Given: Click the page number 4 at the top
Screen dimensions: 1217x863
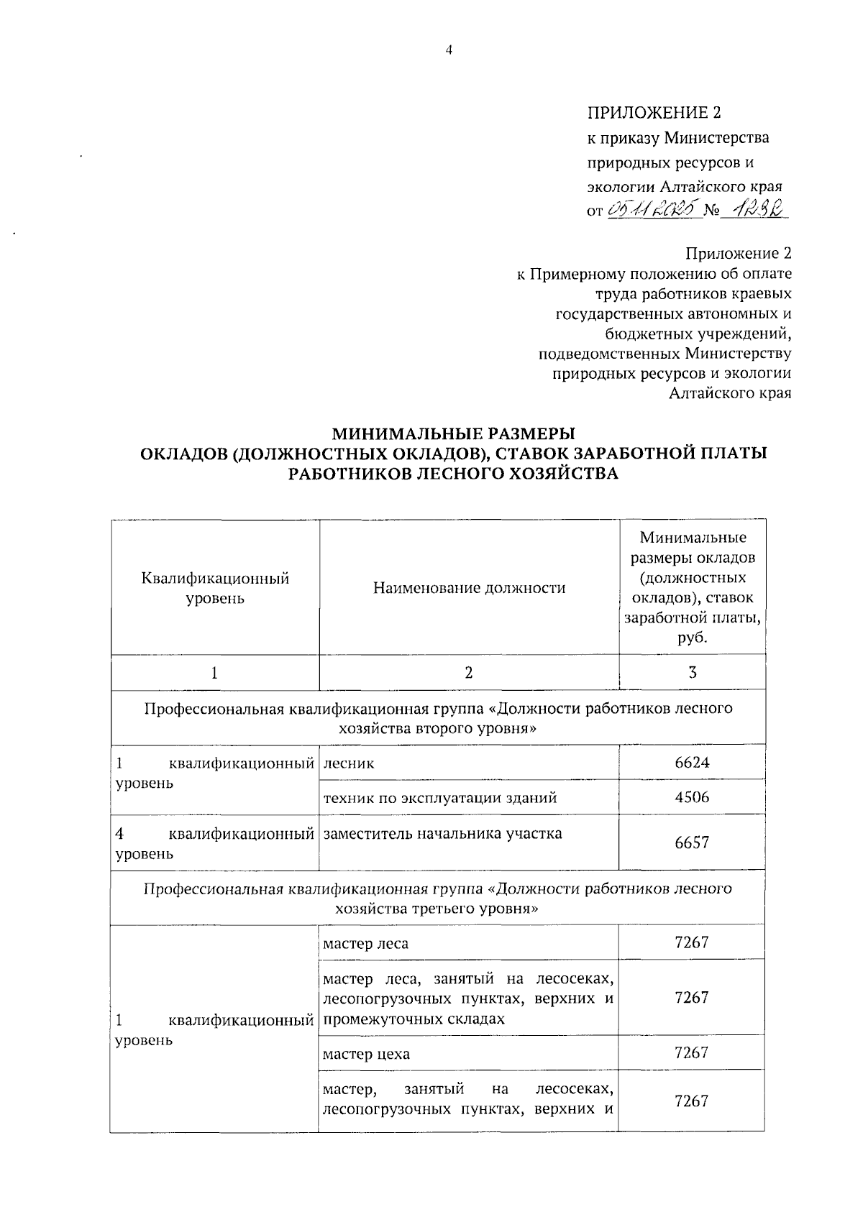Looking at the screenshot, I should click(449, 50).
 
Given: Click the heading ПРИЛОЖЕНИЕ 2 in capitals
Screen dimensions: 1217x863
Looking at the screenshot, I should click(654, 113).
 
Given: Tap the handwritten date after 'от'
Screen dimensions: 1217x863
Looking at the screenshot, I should click(653, 211).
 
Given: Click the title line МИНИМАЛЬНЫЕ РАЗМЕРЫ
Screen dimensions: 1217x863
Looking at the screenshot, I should click(453, 433).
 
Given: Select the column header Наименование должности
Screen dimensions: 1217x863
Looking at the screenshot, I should click(469, 588).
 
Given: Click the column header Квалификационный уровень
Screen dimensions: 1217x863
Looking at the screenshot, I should click(215, 588).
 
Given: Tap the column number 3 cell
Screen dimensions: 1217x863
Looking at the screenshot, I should click(691, 673).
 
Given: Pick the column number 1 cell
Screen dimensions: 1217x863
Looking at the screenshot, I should click(214, 673).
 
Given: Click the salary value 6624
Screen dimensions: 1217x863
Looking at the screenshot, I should click(691, 763).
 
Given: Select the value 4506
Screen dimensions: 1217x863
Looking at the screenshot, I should click(691, 797).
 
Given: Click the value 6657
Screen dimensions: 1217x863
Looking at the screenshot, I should click(691, 842).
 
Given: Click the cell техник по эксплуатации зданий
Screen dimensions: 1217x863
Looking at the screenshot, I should click(440, 797).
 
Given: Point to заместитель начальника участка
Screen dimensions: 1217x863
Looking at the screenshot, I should click(442, 834).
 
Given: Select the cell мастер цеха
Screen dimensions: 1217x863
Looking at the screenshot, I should click(366, 1054).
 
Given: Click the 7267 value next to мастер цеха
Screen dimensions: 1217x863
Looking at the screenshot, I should click(691, 1052).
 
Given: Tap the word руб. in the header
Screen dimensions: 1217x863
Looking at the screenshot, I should click(693, 638).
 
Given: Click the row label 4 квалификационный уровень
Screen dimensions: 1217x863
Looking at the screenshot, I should click(215, 843).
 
